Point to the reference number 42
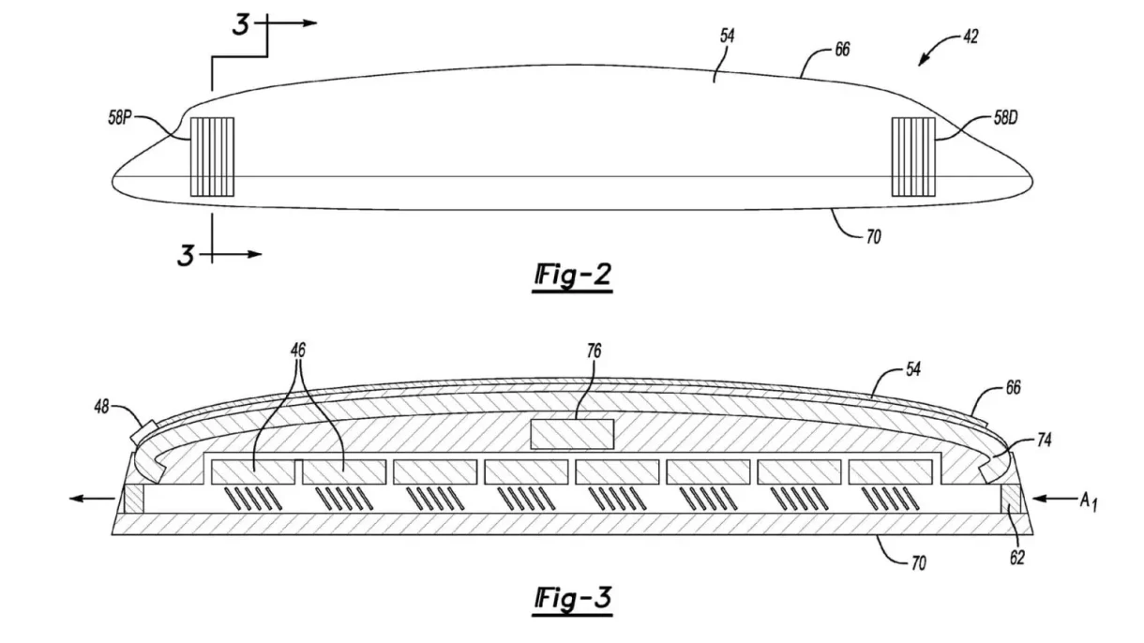[x=970, y=37]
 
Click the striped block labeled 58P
[x=211, y=157]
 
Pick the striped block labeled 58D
[x=912, y=157]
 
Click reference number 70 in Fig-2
[x=872, y=238]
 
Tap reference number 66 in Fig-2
[x=842, y=50]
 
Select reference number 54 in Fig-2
[x=728, y=37]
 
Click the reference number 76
[x=594, y=351]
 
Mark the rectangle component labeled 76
[x=572, y=434]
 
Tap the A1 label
[x=1087, y=502]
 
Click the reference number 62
[x=1016, y=558]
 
